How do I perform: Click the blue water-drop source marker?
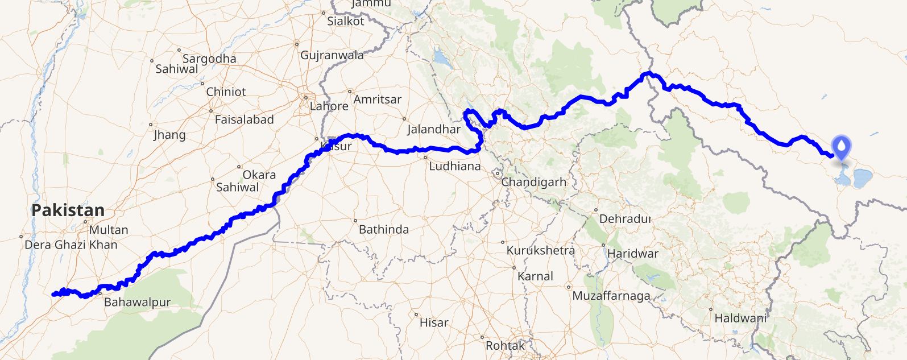pos(841,147)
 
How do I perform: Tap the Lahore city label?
pos(329,106)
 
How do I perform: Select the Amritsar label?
pos(377,99)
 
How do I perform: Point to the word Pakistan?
pos(68,210)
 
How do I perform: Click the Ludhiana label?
pos(454,167)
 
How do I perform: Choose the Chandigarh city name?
pos(533,182)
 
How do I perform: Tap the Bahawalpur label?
pos(137,302)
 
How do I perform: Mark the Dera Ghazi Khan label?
pos(71,245)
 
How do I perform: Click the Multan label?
pos(109,230)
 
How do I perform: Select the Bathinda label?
pos(384,230)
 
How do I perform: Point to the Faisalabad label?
pos(244,119)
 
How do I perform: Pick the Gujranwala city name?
pos(332,55)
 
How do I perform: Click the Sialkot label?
pos(345,21)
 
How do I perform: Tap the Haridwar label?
pos(632,254)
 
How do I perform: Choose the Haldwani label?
pos(740,318)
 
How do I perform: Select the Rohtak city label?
pos(505,345)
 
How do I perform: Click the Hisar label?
pos(434,322)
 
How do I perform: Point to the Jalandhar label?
pos(433,129)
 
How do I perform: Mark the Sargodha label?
pos(209,59)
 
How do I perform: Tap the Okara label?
pos(259,175)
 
